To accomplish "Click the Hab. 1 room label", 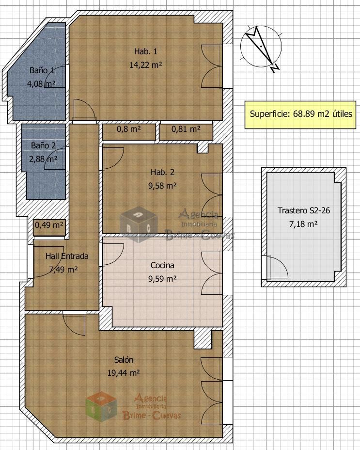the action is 146,52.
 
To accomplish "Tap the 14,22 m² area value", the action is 146,65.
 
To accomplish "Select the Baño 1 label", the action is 42,70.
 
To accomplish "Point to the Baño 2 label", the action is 43,145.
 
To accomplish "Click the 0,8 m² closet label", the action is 129,129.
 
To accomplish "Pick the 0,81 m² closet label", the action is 186,129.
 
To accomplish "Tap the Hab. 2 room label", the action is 162,172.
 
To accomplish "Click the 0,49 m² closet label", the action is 49,225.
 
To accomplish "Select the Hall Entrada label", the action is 67,256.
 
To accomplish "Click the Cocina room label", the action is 162,265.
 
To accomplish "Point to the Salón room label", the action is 124,360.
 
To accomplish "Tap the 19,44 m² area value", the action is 124,373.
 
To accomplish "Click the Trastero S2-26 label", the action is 304,210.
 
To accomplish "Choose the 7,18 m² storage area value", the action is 303,224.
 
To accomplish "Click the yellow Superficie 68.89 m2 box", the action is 300,115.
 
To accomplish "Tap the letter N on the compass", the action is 275,68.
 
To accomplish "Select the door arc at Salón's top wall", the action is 74,324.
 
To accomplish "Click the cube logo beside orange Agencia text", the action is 102,407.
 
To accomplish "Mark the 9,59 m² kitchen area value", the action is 162,279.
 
